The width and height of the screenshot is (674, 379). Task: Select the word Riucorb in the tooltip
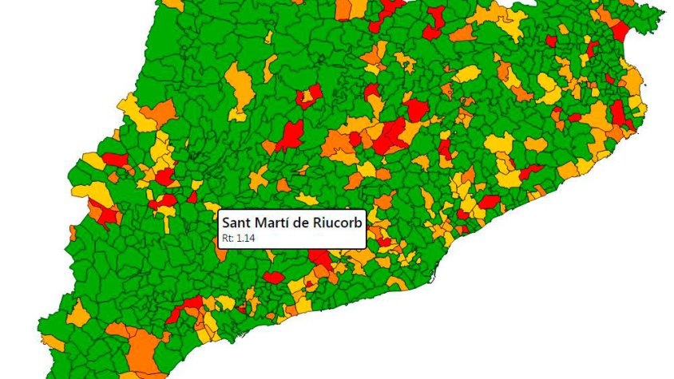click(339, 222)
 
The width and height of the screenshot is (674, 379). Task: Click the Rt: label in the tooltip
click(228, 237)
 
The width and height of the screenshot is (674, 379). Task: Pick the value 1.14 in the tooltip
click(245, 237)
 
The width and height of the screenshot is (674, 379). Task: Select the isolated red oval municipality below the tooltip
click(273, 277)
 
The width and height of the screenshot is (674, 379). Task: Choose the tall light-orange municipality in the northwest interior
click(239, 88)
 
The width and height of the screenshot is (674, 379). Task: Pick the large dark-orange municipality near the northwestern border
click(160, 113)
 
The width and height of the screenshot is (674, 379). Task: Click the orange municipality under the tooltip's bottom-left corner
click(221, 254)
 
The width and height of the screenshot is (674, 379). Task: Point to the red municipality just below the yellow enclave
click(168, 212)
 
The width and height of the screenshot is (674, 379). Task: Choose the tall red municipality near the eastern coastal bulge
click(618, 113)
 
